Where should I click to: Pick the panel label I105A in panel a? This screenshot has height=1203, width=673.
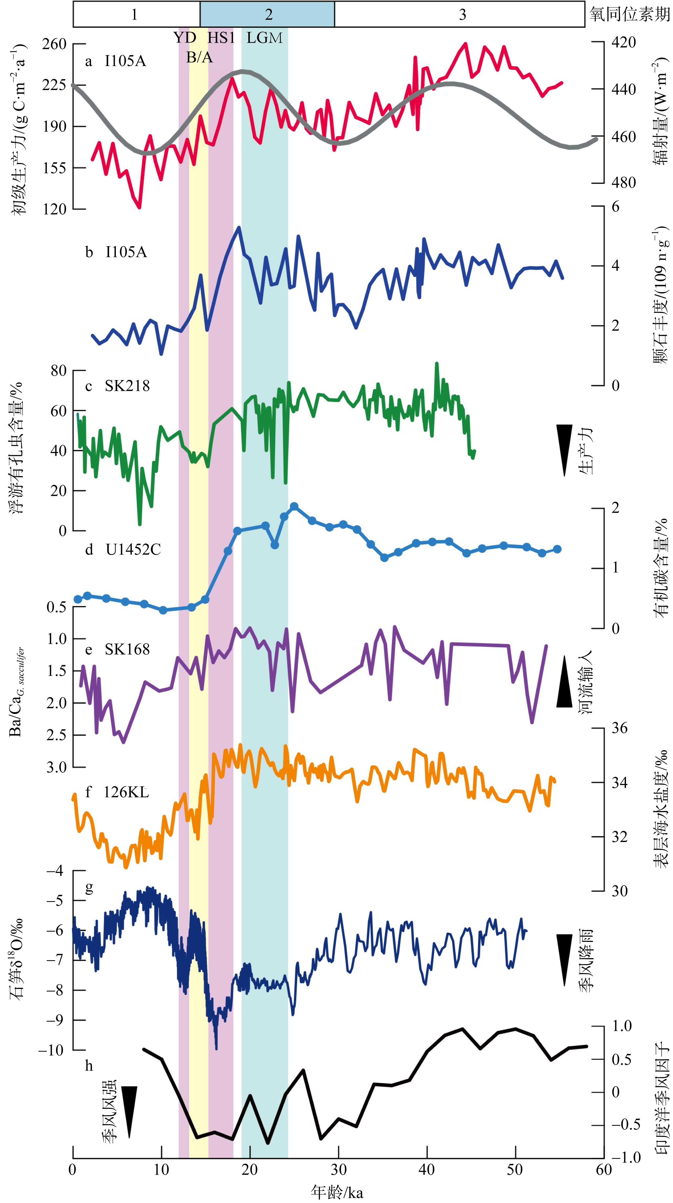pos(125,61)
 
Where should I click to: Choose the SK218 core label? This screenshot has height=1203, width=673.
pos(127,386)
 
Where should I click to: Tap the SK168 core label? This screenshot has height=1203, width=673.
pos(127,649)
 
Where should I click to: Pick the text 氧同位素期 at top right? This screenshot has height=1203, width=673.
pos(629,14)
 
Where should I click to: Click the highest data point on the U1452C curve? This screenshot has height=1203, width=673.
pos(294,507)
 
